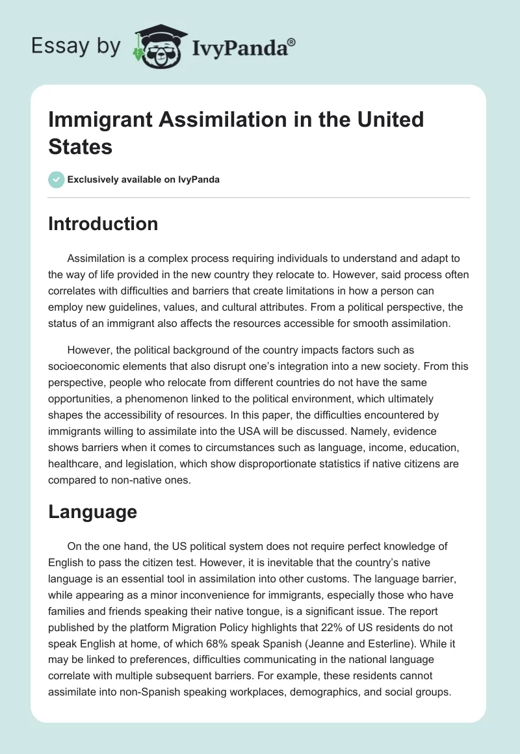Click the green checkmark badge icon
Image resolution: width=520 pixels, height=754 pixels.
pyautogui.click(x=57, y=179)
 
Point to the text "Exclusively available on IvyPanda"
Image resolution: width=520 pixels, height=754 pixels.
pyautogui.click(x=143, y=179)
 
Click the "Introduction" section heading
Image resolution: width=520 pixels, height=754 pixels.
pyautogui.click(x=103, y=224)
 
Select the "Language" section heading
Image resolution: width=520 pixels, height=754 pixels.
pyautogui.click(x=92, y=512)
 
